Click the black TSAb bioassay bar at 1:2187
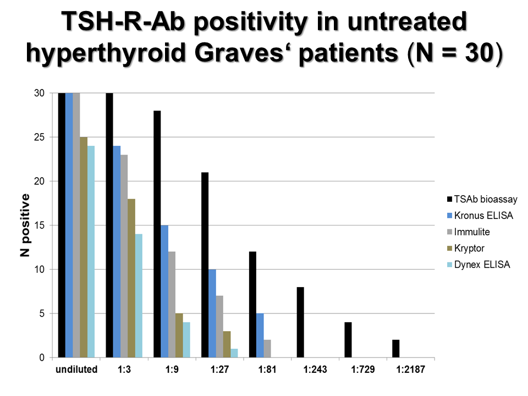pyautogui.click(x=396, y=349)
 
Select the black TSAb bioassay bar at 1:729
pyautogui.click(x=348, y=340)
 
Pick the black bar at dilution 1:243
pyautogui.click(x=300, y=322)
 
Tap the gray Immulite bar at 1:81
pyautogui.click(x=267, y=349)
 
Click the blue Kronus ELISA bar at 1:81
pyautogui.click(x=260, y=335)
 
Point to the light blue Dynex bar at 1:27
pyautogui.click(x=234, y=353)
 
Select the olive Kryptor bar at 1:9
pyautogui.click(x=179, y=335)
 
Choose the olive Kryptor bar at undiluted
pyautogui.click(x=84, y=248)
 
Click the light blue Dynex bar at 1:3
pyautogui.click(x=138, y=296)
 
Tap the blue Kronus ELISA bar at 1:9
pyautogui.click(x=164, y=291)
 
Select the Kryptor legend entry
pyautogui.click(x=471, y=249)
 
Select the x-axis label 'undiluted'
pyautogui.click(x=76, y=369)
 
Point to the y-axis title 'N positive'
pyautogui.click(x=24, y=226)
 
